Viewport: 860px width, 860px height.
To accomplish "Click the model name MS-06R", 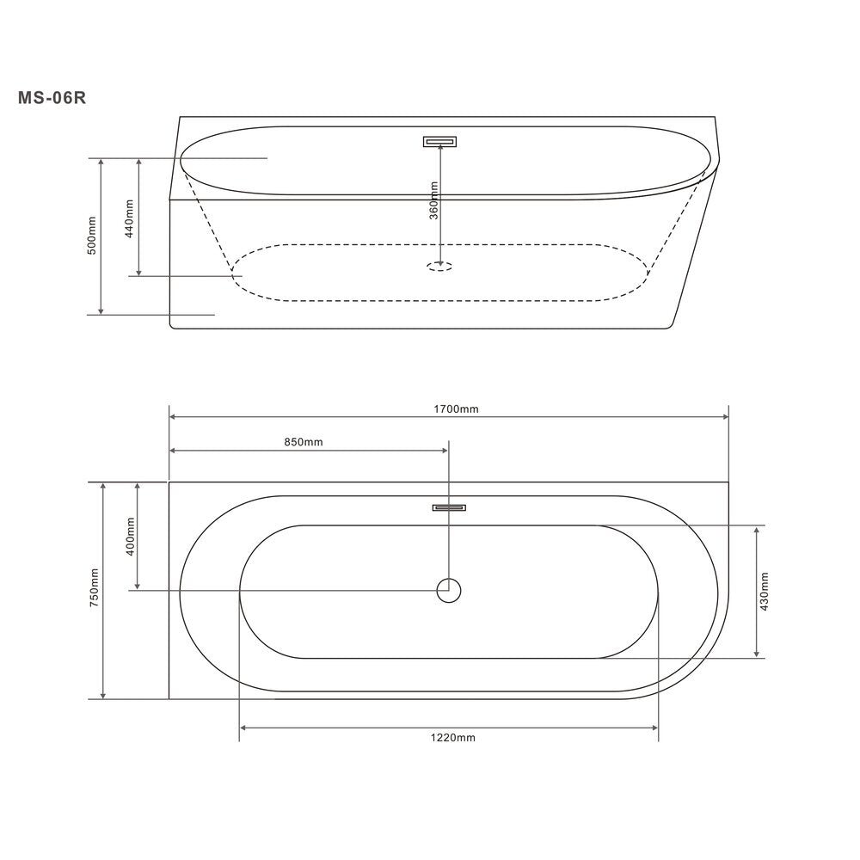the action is (x=52, y=98).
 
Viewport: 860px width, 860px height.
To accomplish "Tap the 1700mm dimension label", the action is (x=456, y=409).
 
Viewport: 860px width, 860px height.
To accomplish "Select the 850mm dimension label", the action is (x=304, y=442).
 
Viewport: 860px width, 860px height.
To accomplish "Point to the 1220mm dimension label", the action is (x=452, y=738).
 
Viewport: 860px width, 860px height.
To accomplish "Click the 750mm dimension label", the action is (x=94, y=587).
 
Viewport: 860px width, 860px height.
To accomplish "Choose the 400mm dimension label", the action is (x=130, y=537).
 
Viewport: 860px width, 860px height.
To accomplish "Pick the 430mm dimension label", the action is (x=765, y=592).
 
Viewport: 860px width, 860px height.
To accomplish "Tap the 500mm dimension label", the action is (x=92, y=236).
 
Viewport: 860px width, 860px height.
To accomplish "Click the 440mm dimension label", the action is (x=130, y=218).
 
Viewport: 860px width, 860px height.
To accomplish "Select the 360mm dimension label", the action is (x=433, y=200).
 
